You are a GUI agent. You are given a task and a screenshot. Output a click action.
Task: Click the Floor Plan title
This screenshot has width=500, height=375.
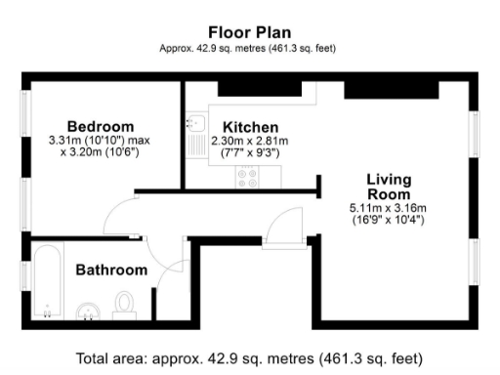(x=249, y=32)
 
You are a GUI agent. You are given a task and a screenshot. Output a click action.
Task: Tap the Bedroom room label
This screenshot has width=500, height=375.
(x=100, y=126)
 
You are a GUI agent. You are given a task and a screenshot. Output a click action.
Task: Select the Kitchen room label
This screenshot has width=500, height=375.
(x=250, y=127)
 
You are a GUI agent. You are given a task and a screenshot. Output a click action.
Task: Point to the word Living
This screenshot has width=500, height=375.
(x=388, y=180)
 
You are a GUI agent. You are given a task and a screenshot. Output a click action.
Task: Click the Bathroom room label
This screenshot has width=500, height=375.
(x=112, y=270)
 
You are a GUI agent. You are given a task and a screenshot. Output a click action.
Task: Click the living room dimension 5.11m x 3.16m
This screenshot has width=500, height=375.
(x=388, y=208)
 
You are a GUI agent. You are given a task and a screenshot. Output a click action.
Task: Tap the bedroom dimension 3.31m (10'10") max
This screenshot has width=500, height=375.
(x=100, y=140)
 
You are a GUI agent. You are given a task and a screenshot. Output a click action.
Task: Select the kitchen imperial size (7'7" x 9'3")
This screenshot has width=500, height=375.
(x=250, y=152)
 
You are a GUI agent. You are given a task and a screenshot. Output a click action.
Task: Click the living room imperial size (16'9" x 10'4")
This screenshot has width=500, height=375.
(x=388, y=220)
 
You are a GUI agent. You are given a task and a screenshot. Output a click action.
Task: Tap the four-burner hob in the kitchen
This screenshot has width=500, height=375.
(x=246, y=177)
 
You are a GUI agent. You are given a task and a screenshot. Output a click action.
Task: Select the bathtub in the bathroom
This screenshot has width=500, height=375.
(x=45, y=283)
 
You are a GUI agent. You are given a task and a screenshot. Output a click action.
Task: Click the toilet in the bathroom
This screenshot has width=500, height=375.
(x=124, y=306)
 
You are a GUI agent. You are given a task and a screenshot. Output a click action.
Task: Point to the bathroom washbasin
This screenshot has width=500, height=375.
(x=88, y=312)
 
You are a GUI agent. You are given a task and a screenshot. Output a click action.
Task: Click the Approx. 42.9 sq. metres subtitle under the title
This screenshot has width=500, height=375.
(x=249, y=48)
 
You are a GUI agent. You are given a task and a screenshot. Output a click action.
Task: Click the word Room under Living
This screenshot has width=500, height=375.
(x=388, y=194)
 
